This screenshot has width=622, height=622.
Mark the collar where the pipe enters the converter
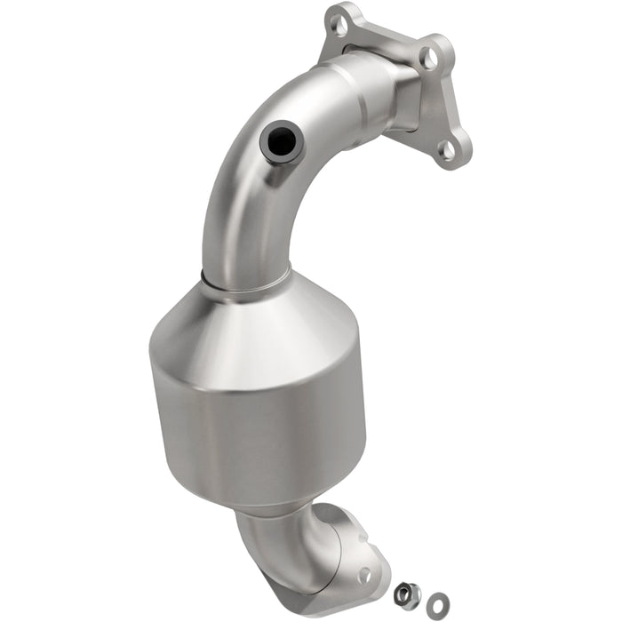point(244,283)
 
